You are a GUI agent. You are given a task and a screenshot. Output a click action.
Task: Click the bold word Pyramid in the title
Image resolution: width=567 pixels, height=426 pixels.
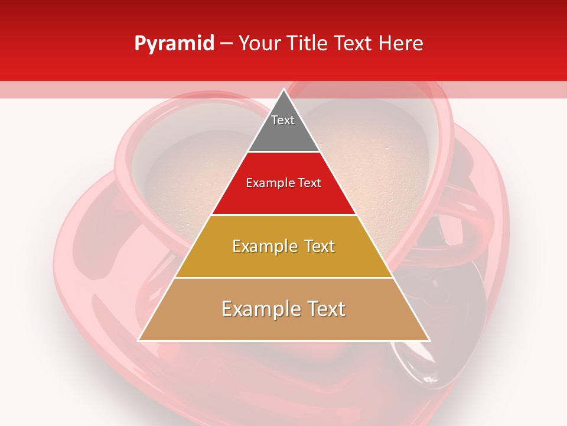pyautogui.click(x=174, y=44)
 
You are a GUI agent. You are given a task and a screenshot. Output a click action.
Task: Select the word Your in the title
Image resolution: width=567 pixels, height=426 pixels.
pyautogui.click(x=259, y=44)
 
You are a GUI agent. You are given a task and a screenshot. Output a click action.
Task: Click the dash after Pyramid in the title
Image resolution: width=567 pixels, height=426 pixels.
pyautogui.click(x=226, y=44)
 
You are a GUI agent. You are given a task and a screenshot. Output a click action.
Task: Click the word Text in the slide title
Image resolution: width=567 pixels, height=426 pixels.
pyautogui.click(x=355, y=44)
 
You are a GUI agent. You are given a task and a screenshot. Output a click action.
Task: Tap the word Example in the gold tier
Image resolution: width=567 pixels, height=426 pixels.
pyautogui.click(x=263, y=246)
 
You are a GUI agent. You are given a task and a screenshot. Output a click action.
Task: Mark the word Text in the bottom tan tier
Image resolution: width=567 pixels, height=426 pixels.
pyautogui.click(x=325, y=309)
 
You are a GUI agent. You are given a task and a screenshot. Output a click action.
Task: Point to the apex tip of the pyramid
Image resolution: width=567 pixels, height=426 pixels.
pyautogui.click(x=283, y=90)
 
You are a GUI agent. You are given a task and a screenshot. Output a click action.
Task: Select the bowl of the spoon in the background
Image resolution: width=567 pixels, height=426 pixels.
pyautogui.click(x=455, y=308)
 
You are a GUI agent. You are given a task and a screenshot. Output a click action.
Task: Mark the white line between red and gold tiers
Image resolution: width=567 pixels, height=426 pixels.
pyautogui.click(x=283, y=215)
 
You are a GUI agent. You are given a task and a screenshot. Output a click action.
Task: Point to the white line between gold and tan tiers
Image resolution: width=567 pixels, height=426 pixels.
pyautogui.click(x=283, y=277)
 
